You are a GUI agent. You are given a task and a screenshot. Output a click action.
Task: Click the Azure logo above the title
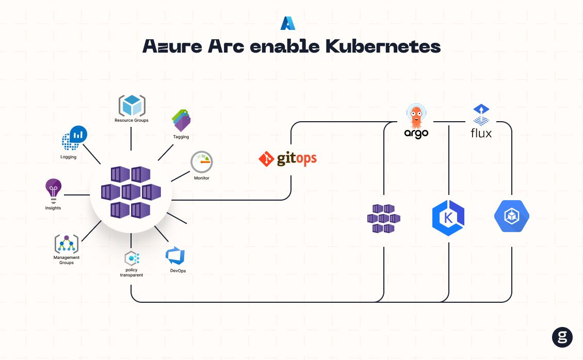point(288,23)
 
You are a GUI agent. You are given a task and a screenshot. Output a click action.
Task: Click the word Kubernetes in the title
point(383,46)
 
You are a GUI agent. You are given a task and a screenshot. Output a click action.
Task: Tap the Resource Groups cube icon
point(132,106)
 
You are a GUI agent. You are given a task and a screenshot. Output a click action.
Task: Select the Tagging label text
point(181,137)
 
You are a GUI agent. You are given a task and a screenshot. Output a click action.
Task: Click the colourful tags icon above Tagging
point(181,120)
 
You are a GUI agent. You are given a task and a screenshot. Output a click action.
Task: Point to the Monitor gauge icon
point(202,162)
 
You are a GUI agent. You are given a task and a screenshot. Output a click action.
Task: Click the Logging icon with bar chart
point(74,138)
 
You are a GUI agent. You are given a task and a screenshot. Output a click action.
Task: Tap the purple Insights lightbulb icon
point(53,191)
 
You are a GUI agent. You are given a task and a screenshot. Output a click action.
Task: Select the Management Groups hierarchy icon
point(67,244)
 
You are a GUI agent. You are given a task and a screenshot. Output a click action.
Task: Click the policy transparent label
point(131,272)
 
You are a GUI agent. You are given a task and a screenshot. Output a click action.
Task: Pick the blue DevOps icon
point(175,256)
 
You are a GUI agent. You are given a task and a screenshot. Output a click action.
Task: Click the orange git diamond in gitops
point(266,159)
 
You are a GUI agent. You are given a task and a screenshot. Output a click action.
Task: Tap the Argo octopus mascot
point(416,116)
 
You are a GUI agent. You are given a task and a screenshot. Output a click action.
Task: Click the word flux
point(481,133)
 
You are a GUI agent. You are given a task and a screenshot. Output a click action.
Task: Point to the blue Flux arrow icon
point(481,114)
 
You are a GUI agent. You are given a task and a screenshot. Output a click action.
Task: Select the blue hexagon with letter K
point(448,218)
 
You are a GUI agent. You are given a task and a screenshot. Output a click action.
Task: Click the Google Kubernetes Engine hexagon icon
point(512,216)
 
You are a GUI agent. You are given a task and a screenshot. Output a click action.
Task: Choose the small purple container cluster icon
point(384,219)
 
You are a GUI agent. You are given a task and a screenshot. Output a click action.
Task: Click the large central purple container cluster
point(131,192)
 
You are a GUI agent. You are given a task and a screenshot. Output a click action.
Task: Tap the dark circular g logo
point(562,337)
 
